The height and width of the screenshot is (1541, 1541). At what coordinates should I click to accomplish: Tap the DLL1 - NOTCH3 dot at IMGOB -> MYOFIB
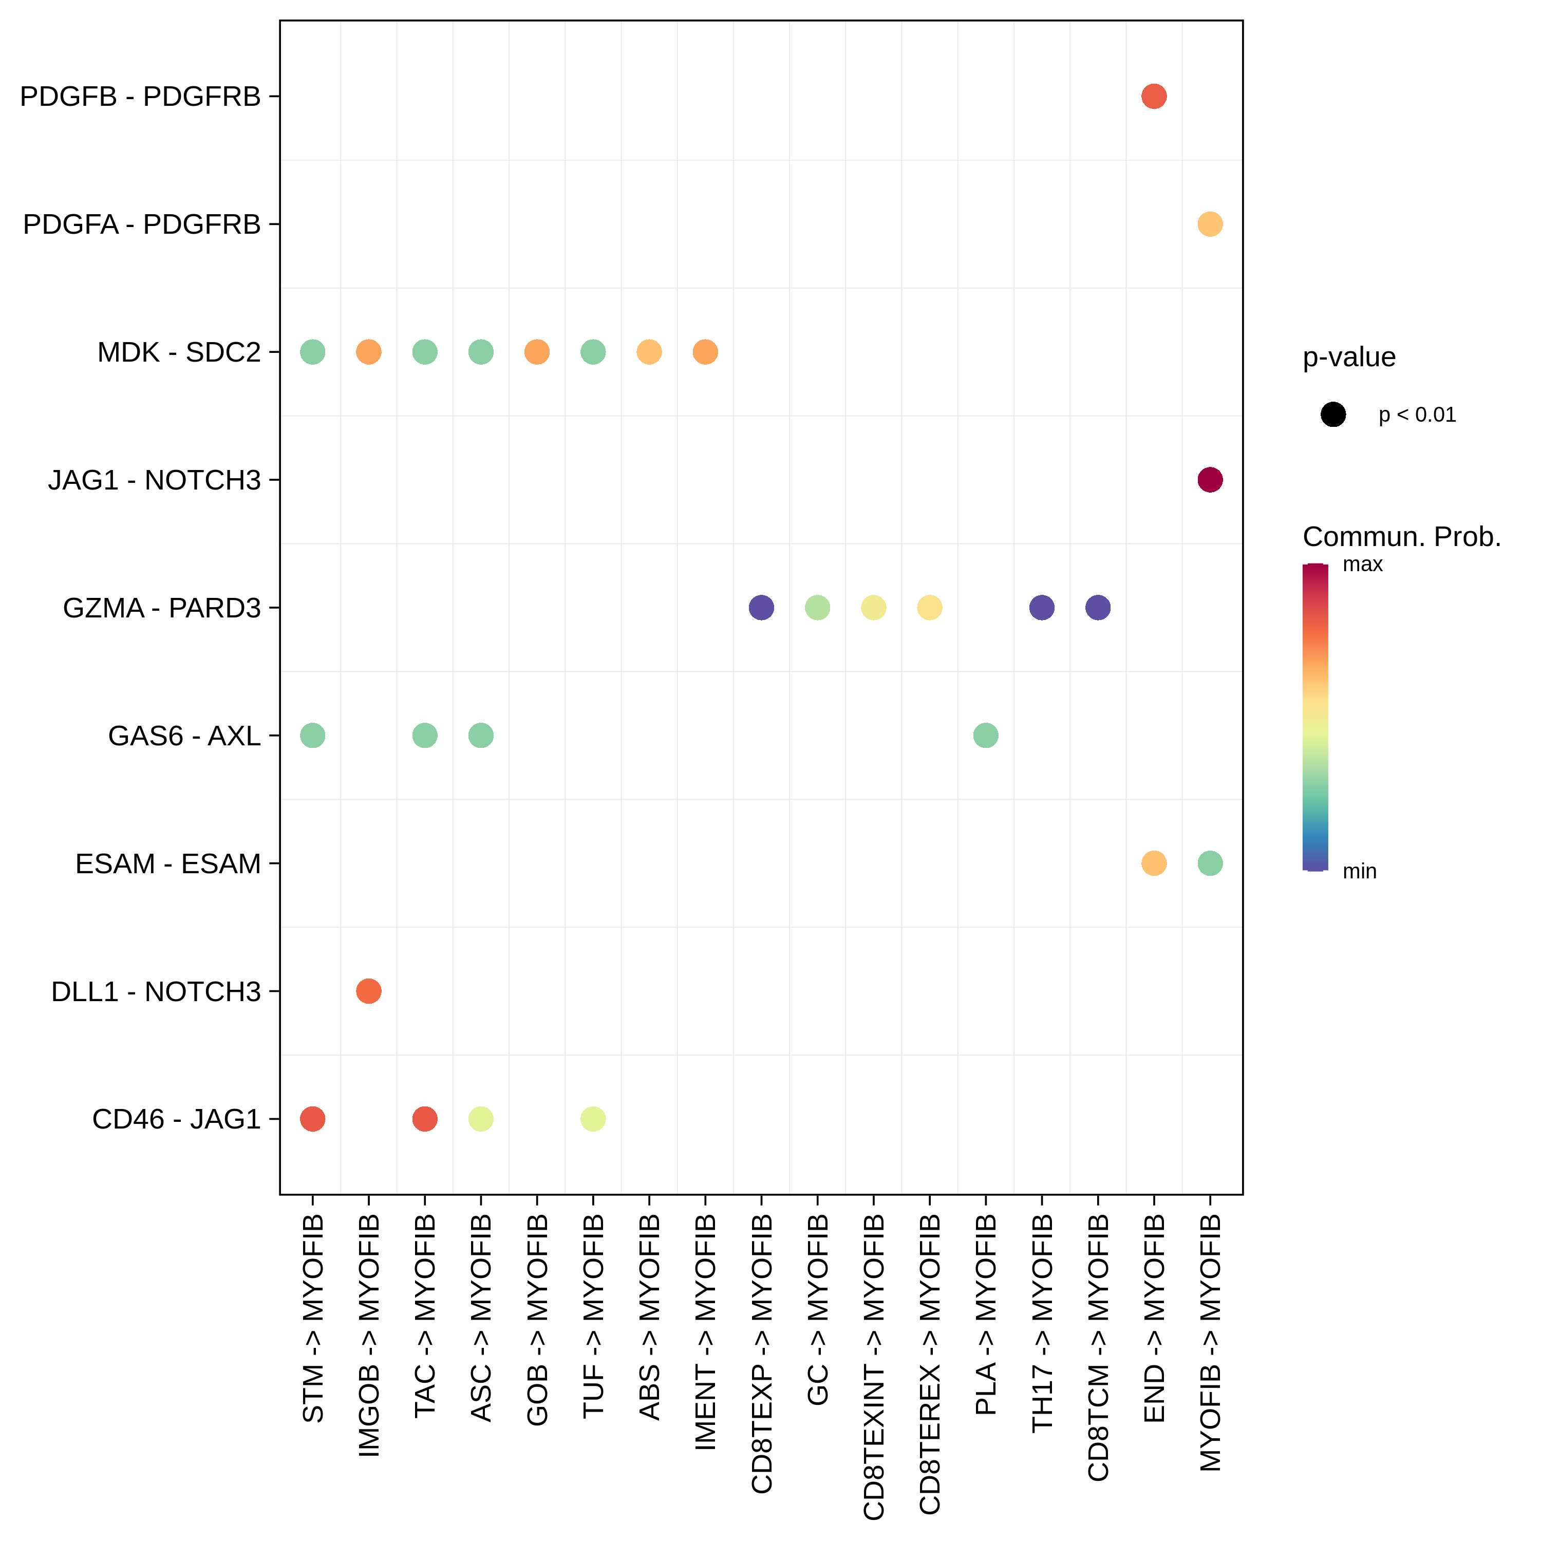click(368, 991)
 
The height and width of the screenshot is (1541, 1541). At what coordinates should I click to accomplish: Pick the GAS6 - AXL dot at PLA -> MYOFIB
click(985, 736)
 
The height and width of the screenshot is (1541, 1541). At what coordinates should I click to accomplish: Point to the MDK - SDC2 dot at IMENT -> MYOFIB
click(705, 352)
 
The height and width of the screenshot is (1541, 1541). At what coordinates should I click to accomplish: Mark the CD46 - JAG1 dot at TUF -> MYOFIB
click(593, 1119)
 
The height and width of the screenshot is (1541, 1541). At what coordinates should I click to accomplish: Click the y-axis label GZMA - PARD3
click(162, 608)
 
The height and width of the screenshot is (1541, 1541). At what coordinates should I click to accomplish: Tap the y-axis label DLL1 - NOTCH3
click(156, 991)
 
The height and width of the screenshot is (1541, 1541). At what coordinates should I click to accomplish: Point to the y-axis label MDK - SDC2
click(179, 352)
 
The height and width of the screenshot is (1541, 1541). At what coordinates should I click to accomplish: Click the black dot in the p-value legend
click(1333, 415)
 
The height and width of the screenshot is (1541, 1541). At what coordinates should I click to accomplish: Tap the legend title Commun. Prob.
click(1401, 537)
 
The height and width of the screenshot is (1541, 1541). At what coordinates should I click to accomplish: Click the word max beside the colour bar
click(1362, 565)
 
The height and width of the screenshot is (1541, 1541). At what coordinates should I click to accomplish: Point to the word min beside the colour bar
click(1359, 871)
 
